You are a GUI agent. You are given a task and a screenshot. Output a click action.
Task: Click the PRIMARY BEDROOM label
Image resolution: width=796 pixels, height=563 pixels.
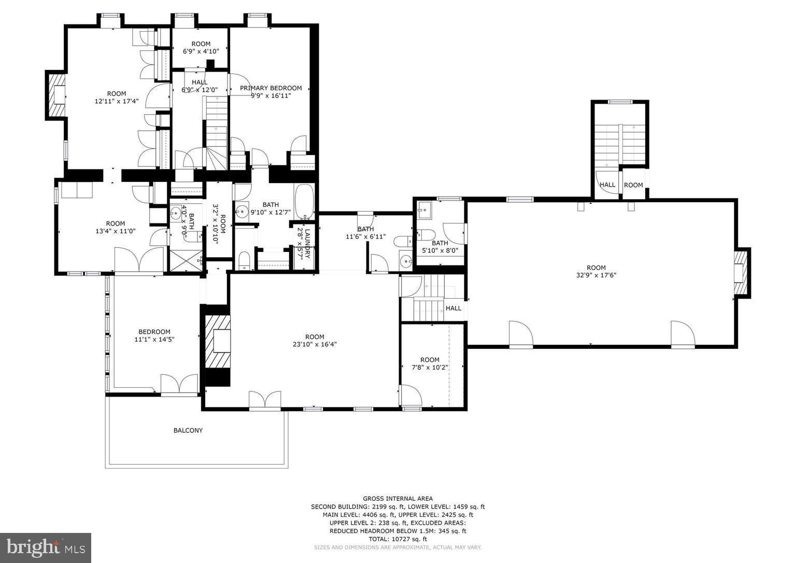[271, 88]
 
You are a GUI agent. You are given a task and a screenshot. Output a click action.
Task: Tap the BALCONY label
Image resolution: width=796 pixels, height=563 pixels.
[188, 430]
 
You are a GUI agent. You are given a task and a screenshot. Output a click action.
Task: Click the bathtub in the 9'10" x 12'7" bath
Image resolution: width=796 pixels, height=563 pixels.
[304, 201]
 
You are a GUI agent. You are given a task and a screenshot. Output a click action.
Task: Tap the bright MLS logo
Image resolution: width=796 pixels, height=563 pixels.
[46, 547]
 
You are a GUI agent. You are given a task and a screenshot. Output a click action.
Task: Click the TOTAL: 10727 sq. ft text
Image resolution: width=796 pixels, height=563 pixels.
[397, 539]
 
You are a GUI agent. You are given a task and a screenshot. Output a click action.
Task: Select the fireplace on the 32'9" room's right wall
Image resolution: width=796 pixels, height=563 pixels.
[741, 273]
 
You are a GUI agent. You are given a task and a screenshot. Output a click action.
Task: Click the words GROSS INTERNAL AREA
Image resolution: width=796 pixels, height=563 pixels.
[397, 499]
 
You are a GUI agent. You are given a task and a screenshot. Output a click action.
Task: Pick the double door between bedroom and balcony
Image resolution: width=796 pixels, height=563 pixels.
[179, 385]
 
